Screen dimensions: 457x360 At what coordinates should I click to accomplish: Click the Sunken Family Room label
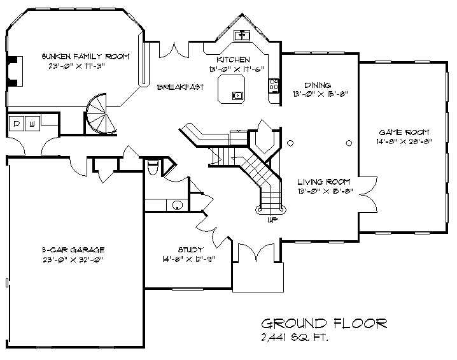(x=85, y=56)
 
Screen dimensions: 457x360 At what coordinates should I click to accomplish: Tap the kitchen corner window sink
(x=242, y=36)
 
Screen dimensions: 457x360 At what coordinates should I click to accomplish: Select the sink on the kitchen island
(x=237, y=95)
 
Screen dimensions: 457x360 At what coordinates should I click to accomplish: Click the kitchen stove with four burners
(x=274, y=85)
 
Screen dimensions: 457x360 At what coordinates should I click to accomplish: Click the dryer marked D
(x=17, y=124)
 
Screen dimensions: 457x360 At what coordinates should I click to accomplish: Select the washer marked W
(x=32, y=124)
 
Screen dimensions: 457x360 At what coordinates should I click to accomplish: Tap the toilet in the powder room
(x=153, y=167)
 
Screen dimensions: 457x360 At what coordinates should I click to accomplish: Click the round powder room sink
(x=177, y=205)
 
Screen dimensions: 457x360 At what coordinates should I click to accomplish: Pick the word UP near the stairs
(x=272, y=220)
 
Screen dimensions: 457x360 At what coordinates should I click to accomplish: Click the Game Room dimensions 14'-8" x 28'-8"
(x=404, y=141)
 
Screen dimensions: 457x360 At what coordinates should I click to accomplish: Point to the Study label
(x=191, y=250)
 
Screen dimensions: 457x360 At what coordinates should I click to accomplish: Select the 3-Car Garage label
(x=73, y=250)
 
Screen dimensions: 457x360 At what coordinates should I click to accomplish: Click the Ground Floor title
(x=324, y=324)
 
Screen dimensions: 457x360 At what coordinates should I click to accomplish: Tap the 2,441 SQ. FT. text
(x=294, y=338)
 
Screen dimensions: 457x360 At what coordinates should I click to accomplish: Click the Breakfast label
(x=180, y=87)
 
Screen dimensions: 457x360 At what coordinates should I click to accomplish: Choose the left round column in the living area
(x=290, y=143)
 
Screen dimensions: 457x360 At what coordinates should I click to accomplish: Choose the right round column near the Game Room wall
(x=349, y=143)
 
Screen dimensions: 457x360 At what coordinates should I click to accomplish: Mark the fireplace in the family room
(x=15, y=71)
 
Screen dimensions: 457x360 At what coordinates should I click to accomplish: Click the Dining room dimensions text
(x=320, y=94)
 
